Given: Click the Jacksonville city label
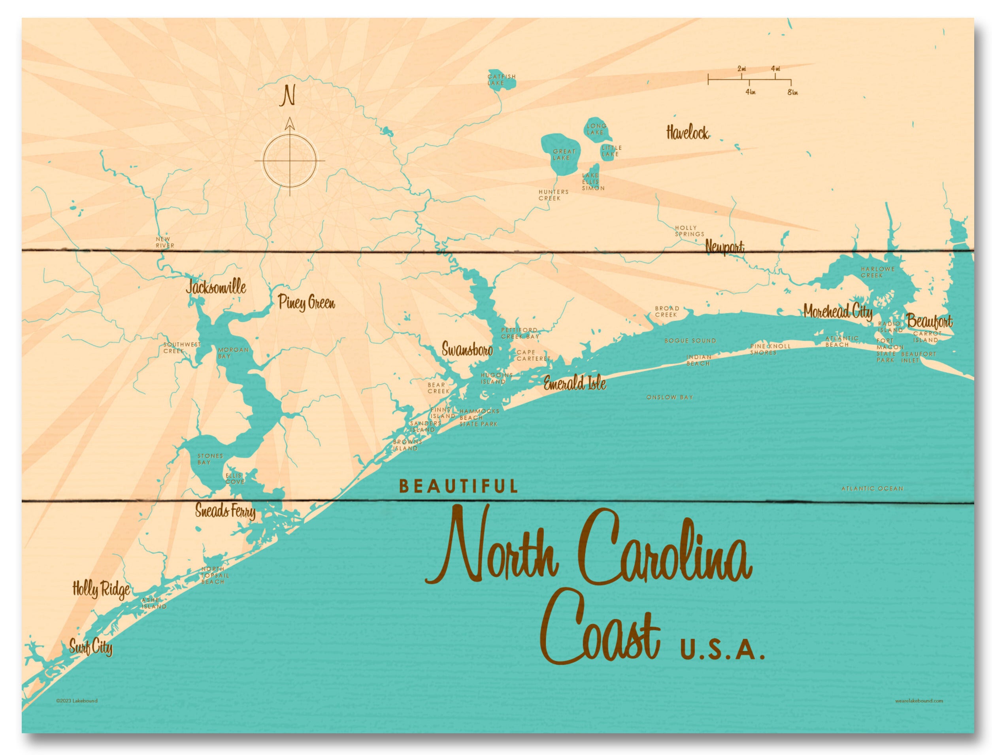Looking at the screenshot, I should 216,288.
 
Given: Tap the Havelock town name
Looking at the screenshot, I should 687,133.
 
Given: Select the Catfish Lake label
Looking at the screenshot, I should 502,80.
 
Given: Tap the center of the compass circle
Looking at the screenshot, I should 290,160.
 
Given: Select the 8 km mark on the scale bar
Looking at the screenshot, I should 792,92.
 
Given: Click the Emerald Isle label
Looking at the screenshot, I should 575,383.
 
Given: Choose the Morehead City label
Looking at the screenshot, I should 838,312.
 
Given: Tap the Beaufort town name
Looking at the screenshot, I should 929,321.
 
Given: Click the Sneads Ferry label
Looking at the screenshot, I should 226,511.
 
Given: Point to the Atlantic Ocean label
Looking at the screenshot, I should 871,489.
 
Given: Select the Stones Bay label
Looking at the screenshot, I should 210,459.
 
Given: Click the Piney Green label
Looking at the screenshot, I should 306,303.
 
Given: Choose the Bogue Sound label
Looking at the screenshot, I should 690,341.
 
